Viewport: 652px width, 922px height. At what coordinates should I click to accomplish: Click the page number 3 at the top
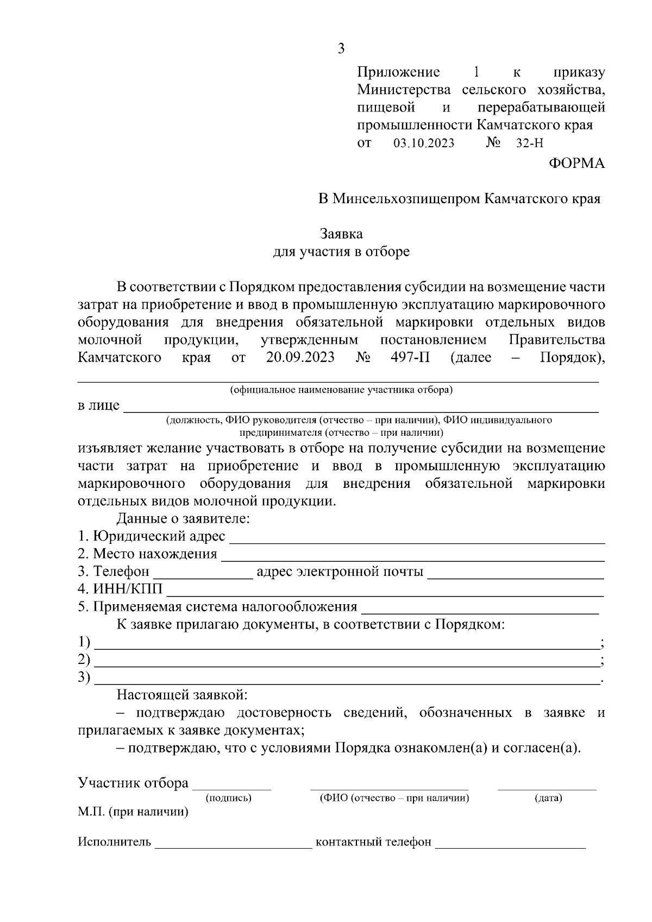point(341,49)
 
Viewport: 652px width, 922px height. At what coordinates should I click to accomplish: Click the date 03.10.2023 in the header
point(423,144)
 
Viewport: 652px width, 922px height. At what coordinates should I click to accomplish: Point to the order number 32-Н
point(529,144)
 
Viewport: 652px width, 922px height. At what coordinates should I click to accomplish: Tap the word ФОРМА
point(576,163)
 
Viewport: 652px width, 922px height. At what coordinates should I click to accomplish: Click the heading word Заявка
point(341,234)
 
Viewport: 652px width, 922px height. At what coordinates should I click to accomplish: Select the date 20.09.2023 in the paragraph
point(300,357)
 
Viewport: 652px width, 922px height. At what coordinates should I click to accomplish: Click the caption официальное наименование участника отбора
point(341,390)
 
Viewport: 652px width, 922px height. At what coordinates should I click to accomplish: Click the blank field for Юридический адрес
point(417,538)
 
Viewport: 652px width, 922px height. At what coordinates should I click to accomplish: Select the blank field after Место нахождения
point(413,555)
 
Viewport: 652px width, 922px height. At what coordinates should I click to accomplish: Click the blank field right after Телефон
point(204,573)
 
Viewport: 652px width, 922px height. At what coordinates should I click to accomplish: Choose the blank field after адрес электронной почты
point(516,573)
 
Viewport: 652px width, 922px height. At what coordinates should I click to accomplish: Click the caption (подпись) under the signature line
point(228,798)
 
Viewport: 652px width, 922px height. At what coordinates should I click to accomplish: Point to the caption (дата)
point(548,798)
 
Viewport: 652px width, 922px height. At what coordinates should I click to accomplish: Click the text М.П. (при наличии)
point(133,812)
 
